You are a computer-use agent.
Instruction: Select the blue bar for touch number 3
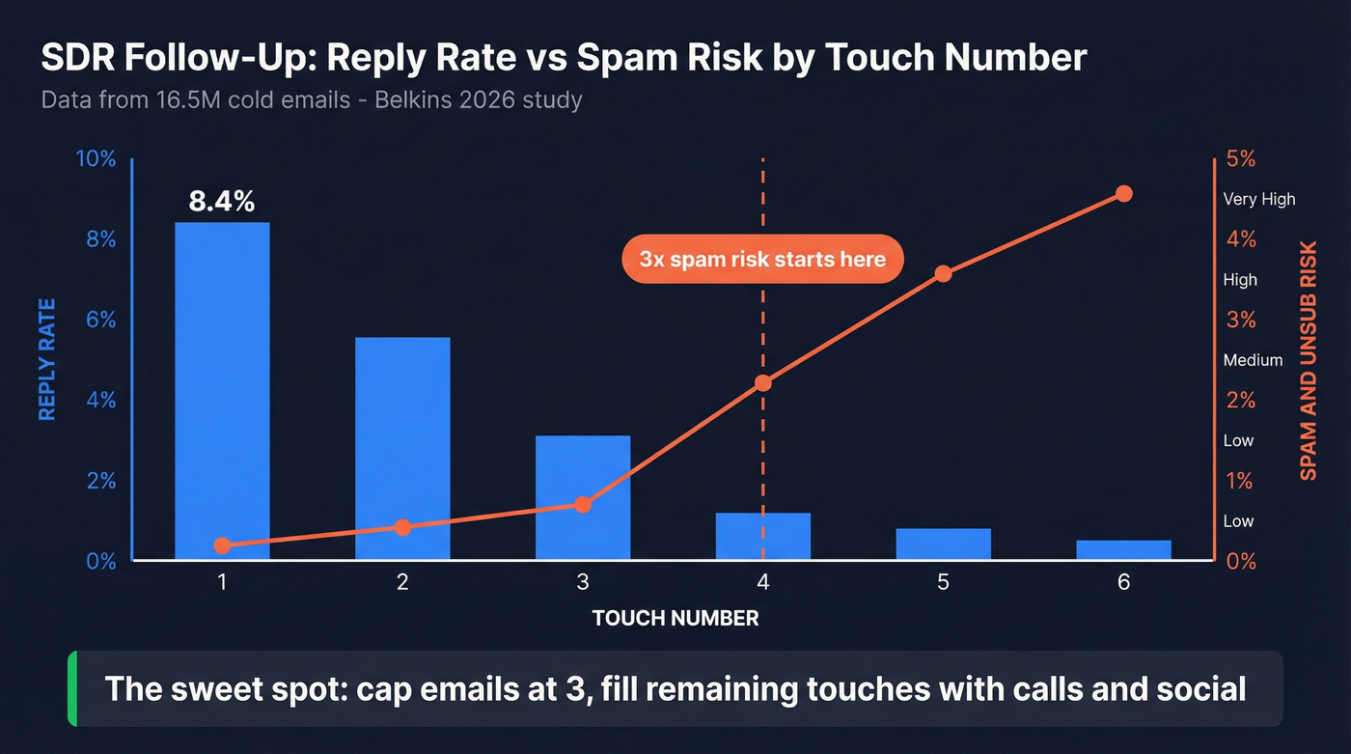[583, 497]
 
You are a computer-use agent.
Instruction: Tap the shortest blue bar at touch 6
[1123, 549]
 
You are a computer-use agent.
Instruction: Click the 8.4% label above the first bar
[222, 202]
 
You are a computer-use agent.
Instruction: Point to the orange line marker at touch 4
[763, 383]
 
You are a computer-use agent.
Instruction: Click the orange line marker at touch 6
[1123, 194]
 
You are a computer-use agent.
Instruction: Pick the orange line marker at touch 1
[222, 545]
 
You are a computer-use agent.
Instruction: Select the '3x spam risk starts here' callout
[762, 259]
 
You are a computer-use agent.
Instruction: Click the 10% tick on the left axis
[96, 159]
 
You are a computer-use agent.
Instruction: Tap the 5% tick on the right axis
[1242, 159]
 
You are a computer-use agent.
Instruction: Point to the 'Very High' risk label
[1259, 199]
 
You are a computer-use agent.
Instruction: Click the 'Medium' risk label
[1253, 360]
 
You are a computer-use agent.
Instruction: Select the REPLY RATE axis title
[47, 359]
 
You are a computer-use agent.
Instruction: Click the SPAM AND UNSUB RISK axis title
[1309, 360]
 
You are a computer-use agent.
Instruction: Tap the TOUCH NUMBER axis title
[675, 619]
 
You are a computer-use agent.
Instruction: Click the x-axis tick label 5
[943, 582]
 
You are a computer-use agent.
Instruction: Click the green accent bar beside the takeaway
[72, 688]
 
